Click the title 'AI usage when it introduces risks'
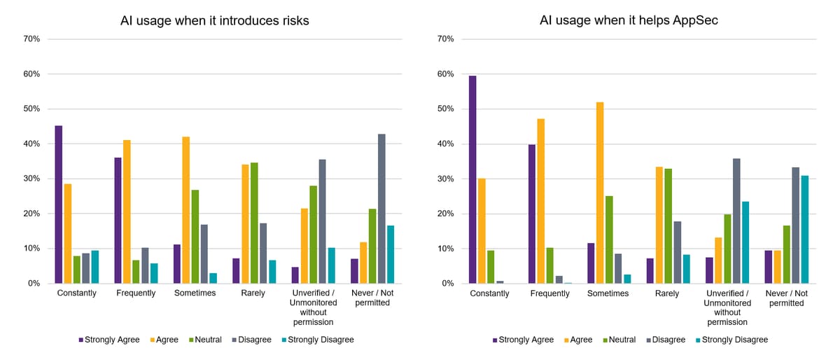click(214, 20)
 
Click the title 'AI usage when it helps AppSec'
click(629, 20)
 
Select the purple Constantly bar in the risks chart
click(59, 205)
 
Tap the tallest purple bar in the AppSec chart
click(472, 179)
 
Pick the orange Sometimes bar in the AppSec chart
click(600, 193)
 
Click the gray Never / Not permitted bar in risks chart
click(381, 208)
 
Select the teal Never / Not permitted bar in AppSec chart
click(805, 229)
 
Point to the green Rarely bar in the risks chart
click(254, 223)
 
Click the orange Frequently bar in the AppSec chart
click(540, 201)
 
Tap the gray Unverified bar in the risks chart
click(323, 221)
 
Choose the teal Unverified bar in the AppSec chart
click(745, 242)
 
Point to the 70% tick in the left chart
click(31, 39)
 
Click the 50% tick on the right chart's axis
click(445, 109)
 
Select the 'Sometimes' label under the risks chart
click(195, 293)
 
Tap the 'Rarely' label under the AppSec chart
click(667, 293)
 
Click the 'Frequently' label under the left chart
click(136, 293)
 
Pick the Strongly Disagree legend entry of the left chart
click(318, 340)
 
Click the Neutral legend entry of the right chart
click(619, 340)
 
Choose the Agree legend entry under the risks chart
click(164, 340)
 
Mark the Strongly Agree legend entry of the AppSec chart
click(523, 340)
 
